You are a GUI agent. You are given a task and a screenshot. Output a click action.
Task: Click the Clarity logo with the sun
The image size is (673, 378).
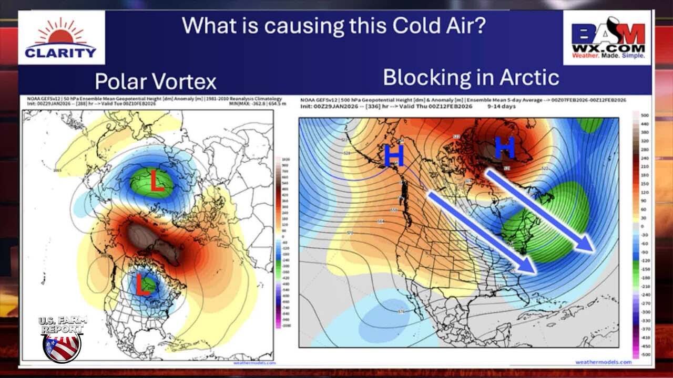[61, 38]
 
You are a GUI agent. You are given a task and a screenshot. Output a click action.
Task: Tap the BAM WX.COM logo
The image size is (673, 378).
[608, 38]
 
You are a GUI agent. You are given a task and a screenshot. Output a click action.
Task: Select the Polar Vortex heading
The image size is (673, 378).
[156, 82]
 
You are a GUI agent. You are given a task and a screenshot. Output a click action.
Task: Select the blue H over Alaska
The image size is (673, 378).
[394, 156]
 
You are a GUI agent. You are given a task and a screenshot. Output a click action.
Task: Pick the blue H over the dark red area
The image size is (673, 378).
[504, 149]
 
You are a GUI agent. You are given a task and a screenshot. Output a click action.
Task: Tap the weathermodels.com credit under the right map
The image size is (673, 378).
[603, 362]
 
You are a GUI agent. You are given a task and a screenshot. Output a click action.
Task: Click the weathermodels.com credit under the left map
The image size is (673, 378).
[254, 362]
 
